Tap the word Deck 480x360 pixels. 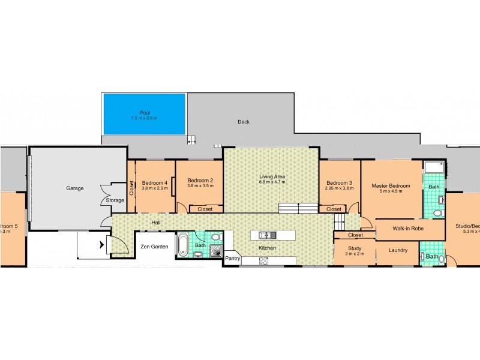point(243,122)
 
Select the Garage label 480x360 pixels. point(75,188)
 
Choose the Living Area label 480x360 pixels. point(271,177)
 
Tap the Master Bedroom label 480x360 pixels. point(391,186)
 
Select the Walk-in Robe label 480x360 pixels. point(409,229)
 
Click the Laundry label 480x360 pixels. point(398,251)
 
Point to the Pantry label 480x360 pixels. point(232,259)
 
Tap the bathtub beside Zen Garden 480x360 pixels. point(181,245)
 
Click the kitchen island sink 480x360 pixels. point(266,235)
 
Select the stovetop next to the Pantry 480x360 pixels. point(263,260)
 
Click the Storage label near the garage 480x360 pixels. point(115,200)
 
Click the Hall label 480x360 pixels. point(156,223)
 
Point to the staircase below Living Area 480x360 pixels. point(298,208)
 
